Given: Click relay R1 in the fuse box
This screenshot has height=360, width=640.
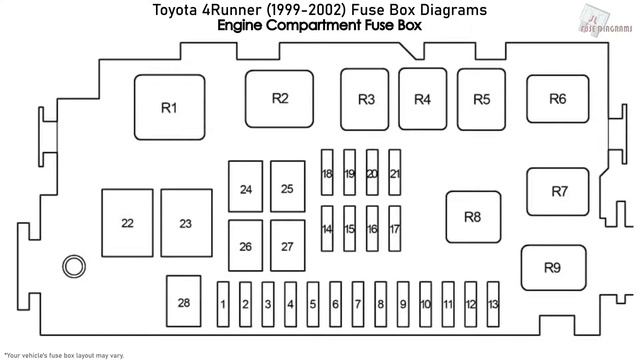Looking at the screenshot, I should pos(168,108).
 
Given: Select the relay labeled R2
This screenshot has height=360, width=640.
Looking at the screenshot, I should pos(280,98).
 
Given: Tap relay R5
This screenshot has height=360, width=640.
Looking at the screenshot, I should pos(482,99).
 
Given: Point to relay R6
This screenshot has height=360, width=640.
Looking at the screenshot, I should pos(557,98).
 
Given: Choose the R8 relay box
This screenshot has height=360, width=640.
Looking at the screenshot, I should pos(473,217).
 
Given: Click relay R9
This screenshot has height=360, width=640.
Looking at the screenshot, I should pos(552,267).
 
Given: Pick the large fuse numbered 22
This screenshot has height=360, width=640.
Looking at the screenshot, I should pos(127,224).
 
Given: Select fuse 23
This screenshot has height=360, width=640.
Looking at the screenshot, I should pos(185,224).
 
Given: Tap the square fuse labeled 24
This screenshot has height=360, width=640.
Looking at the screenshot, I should pos(246,189).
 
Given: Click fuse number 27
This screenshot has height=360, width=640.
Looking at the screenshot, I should pos(287,246).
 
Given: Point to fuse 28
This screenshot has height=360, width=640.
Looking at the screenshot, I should pos(183,302).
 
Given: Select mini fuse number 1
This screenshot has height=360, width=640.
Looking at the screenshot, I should pos(224,304).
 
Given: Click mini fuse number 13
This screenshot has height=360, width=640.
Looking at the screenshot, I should pos(493,304).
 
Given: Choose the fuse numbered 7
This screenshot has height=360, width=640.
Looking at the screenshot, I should pos(358,304).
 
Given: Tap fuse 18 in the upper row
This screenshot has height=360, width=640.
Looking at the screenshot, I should pos(327,174).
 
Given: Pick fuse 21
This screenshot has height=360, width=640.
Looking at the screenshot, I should pos(395,174).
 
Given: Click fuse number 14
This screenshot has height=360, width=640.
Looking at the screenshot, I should pos(327,229).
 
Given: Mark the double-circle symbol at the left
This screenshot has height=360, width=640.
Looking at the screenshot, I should pos(73,267).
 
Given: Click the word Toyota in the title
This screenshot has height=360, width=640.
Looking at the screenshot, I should pos(174,10).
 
